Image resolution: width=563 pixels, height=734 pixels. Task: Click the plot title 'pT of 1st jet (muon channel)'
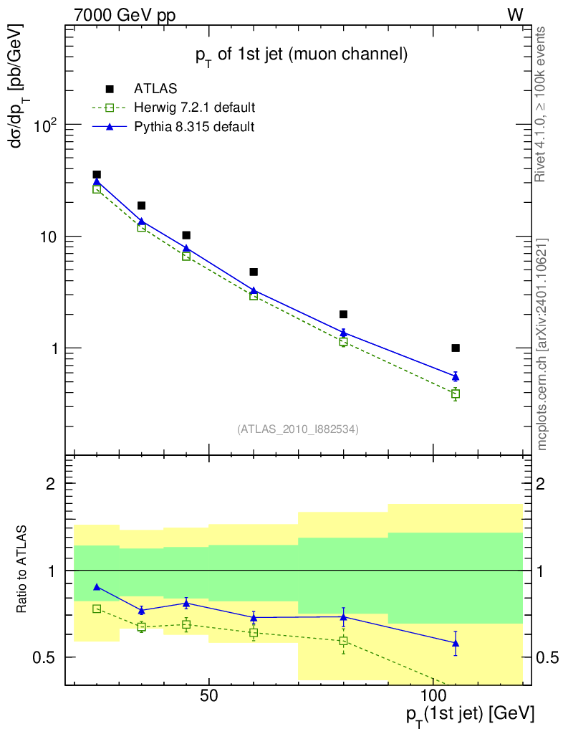[x=301, y=54]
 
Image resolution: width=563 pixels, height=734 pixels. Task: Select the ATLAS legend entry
[x=155, y=89]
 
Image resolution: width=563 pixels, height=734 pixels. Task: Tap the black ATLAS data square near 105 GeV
[x=456, y=348]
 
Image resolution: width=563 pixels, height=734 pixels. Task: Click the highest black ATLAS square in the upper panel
[x=97, y=175]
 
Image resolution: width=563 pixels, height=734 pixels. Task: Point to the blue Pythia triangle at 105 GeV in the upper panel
[x=456, y=376]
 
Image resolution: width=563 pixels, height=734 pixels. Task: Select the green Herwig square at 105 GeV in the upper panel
[x=456, y=394]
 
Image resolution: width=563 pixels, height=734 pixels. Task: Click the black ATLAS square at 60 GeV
[x=254, y=272]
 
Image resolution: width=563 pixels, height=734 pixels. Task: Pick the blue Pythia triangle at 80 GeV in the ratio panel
[x=343, y=616]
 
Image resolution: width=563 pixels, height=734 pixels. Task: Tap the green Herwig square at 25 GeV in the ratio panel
[x=97, y=609]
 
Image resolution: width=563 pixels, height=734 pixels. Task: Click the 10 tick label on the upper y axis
[x=49, y=237]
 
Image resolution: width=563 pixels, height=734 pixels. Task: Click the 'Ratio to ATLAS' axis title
[x=23, y=570]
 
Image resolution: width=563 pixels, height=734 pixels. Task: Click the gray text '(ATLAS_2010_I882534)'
[x=298, y=429]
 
